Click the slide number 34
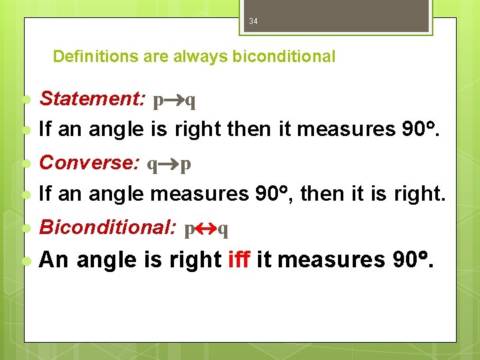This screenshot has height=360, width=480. [x=253, y=21]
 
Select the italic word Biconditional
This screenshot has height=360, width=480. [x=107, y=227]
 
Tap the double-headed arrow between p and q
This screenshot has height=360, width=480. [x=206, y=229]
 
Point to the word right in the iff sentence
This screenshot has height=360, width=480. [x=197, y=260]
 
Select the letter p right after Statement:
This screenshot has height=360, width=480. [x=158, y=101]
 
